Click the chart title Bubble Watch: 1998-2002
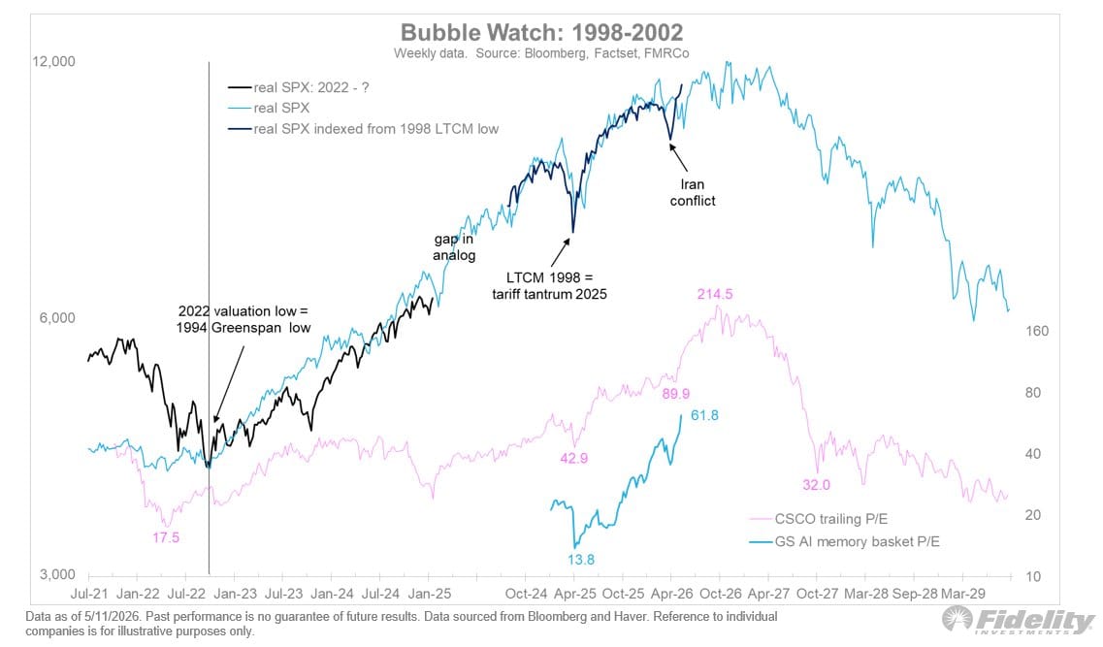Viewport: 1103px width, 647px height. [x=541, y=32]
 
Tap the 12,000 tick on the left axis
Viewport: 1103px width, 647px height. [x=53, y=61]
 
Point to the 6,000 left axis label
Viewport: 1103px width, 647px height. [x=57, y=318]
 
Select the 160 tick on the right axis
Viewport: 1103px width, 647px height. [x=1037, y=331]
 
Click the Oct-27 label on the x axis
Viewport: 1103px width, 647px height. [x=817, y=594]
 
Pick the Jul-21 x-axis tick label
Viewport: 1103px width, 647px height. [x=89, y=594]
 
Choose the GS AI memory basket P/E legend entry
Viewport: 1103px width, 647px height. [x=844, y=541]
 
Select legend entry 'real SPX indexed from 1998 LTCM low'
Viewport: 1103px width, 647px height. [x=363, y=129]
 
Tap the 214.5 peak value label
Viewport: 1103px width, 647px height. [x=715, y=294]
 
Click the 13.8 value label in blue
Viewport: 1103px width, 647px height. [x=581, y=560]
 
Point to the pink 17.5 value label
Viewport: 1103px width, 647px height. [x=166, y=538]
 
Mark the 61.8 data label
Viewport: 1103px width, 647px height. [x=705, y=415]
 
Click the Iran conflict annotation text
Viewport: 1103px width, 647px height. [x=693, y=193]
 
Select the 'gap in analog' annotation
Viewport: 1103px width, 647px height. [x=454, y=246]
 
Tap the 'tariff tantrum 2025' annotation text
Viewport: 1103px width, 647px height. [x=549, y=294]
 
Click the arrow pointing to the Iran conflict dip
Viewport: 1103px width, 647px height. [x=678, y=157]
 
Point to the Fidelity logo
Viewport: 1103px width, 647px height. [x=1019, y=620]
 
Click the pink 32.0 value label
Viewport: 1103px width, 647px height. [x=816, y=485]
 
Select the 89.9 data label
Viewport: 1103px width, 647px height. [x=675, y=394]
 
